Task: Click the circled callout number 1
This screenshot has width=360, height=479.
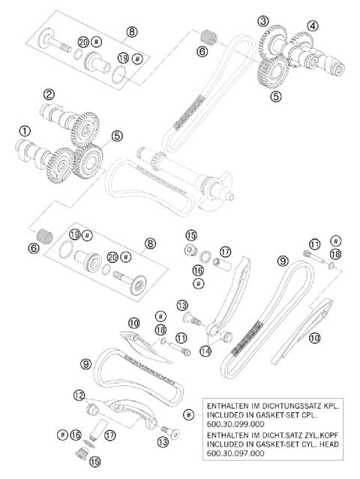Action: [x=25, y=130]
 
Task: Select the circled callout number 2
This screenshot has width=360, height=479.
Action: [x=49, y=94]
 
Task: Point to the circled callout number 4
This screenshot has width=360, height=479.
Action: [x=312, y=25]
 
